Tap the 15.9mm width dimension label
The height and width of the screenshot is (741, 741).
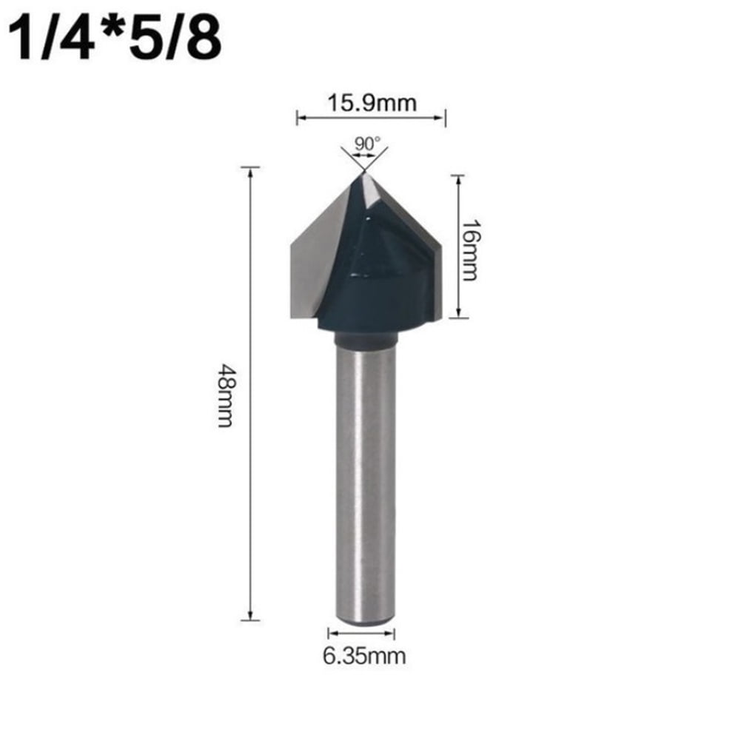(x=371, y=103)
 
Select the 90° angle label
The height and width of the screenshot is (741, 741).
(x=365, y=143)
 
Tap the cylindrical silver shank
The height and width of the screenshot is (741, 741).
(x=363, y=481)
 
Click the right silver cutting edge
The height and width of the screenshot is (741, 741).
(x=422, y=237)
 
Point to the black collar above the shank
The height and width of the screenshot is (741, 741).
(x=366, y=339)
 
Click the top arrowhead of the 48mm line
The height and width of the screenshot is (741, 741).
(x=251, y=170)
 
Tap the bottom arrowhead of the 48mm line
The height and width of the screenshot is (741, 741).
(x=251, y=617)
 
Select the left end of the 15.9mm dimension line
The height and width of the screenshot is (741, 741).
(x=298, y=116)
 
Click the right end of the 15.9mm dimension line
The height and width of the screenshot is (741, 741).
(x=444, y=116)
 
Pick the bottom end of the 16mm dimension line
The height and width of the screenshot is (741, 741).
(x=457, y=316)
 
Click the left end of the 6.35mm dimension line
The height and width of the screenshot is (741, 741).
(x=329, y=633)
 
